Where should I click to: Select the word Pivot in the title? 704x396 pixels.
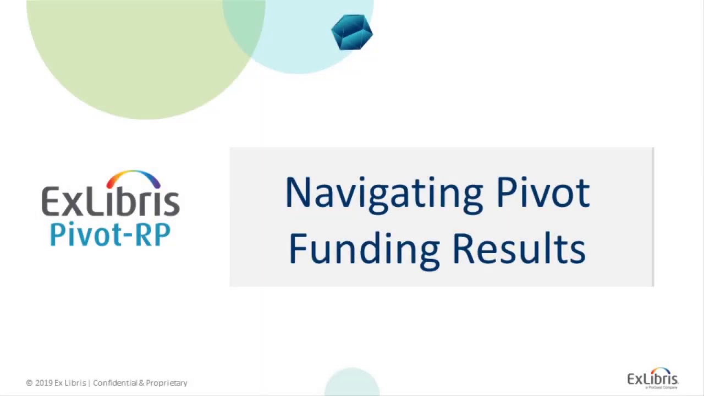tap(542, 193)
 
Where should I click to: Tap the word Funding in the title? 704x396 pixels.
tap(363, 249)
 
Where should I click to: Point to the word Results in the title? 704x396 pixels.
tap(519, 249)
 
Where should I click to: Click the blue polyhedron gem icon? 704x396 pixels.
tap(352, 32)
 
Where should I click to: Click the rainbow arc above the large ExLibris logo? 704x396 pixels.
tap(134, 178)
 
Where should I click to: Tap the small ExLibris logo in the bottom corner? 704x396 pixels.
tap(653, 378)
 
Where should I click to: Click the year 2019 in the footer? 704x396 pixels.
tap(43, 383)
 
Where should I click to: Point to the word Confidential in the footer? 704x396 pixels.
tap(114, 383)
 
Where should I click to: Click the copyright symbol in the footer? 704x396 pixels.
tap(29, 383)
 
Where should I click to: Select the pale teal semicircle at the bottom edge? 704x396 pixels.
tap(352, 383)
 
